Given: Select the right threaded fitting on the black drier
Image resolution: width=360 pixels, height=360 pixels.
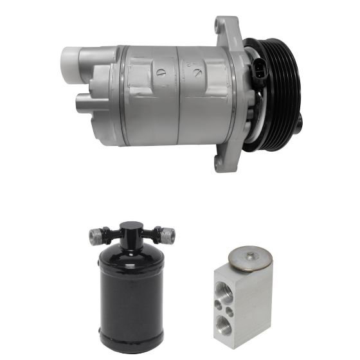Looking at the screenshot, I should (168, 236).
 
